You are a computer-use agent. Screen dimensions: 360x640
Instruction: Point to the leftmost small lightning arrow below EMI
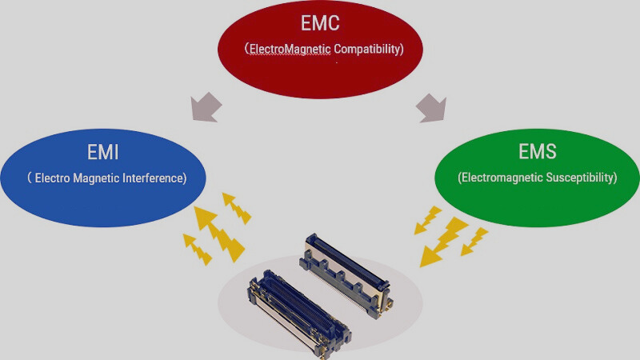197,249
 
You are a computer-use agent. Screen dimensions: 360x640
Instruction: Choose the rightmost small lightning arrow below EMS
475,241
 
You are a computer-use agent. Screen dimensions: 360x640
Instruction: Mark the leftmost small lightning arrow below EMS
426,220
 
